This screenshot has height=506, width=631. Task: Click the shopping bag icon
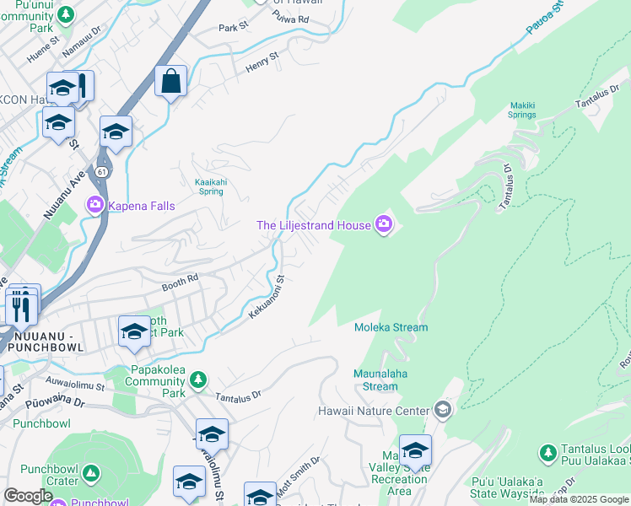point(170,82)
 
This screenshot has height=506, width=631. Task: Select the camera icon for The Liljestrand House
point(384,224)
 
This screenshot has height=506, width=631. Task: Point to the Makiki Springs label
point(522,110)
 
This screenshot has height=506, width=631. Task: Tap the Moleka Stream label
point(391,327)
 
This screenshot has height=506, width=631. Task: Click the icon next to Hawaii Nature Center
point(442,411)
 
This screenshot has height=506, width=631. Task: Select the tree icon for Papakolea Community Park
point(197,380)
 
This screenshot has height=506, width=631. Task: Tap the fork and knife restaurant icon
point(21,308)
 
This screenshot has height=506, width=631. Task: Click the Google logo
point(28,496)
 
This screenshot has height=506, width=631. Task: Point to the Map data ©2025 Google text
point(579,499)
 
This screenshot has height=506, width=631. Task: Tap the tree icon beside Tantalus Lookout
point(547,453)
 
